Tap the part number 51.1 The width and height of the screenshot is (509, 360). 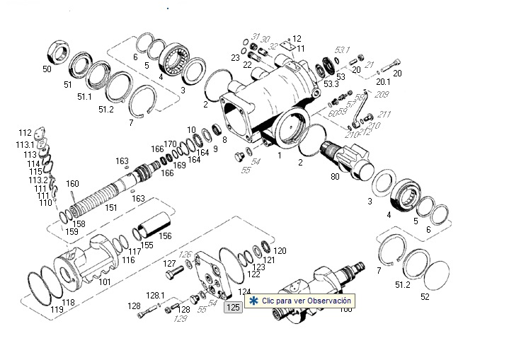point(84,96)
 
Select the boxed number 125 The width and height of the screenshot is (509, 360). point(232,307)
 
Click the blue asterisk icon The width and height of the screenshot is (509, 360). point(253,301)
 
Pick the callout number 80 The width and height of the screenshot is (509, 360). point(335,177)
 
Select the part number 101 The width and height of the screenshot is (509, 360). point(104,281)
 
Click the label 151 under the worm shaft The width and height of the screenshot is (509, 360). point(111,208)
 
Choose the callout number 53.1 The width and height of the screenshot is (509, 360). point(343,50)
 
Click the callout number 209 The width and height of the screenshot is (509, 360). point(382,94)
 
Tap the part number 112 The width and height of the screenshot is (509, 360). point(25,132)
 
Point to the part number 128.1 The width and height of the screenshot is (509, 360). point(155,295)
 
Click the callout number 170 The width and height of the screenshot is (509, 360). point(170,144)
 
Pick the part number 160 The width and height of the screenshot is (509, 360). point(72,184)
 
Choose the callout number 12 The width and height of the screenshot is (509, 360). point(297,39)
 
